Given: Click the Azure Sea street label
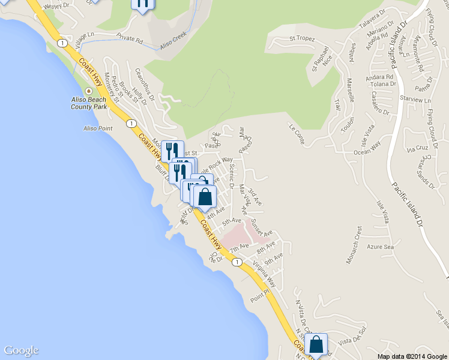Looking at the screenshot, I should tap(381, 247).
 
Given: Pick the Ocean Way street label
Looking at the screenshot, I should tap(367, 148).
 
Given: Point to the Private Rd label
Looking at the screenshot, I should tap(129, 39).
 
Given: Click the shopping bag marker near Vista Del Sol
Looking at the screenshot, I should tap(316, 344).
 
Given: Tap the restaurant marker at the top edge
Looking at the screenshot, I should tap(142, 4).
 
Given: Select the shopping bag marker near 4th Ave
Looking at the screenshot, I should tap(205, 196).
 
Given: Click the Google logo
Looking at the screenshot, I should tap(21, 350).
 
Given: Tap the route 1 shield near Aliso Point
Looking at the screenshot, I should tap(130, 123).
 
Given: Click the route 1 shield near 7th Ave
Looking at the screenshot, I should tap(237, 262).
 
